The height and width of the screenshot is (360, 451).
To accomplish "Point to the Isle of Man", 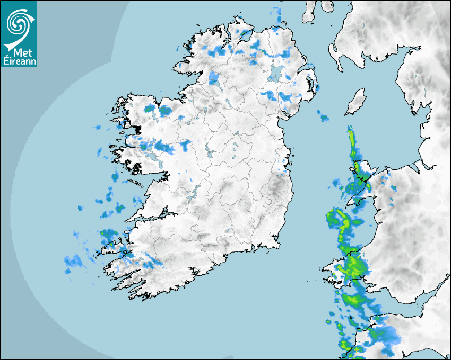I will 355,102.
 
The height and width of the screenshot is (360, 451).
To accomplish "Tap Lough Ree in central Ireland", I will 209,154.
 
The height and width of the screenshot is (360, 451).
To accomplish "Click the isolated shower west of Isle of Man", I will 323,116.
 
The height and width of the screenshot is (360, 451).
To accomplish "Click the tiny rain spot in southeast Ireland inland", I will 227,231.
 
